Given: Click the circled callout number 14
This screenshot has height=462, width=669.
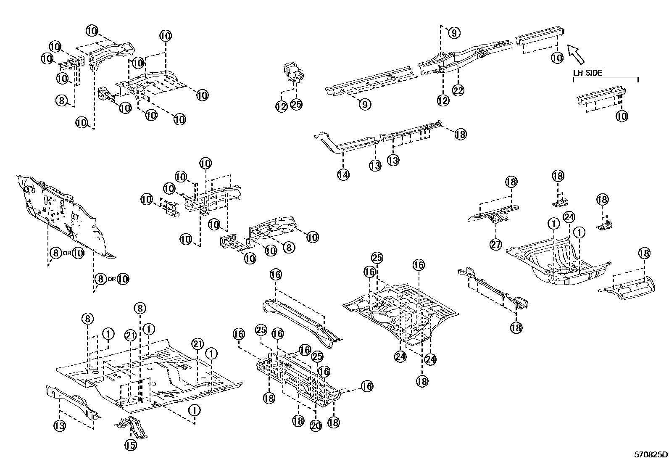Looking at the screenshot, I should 343,174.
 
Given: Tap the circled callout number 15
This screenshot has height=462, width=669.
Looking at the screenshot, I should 131,445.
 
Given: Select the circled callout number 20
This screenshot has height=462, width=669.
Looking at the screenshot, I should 316,425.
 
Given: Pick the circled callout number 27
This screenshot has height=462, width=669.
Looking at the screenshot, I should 496,244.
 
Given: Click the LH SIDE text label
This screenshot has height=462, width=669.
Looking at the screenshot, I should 588,73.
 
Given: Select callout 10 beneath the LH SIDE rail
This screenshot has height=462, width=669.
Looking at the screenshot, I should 622,116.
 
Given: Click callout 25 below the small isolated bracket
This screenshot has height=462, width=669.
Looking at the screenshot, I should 296,104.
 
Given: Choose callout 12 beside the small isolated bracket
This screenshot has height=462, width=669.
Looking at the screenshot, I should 281,107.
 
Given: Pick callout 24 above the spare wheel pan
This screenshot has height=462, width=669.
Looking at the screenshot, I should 569,217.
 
